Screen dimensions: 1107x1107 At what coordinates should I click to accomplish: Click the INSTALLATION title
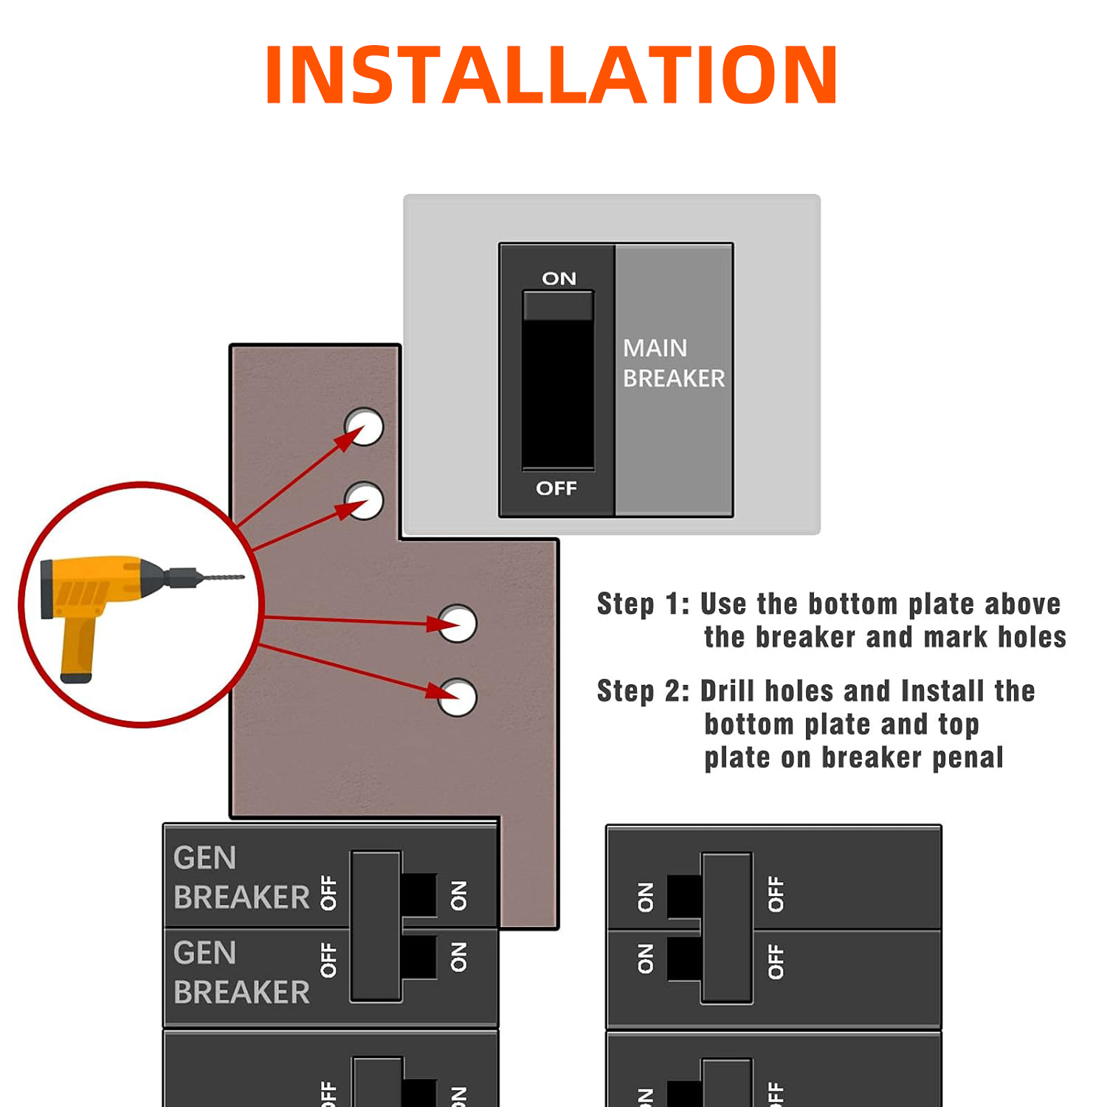click(x=551, y=75)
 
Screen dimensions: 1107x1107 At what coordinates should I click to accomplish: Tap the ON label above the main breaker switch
click(x=559, y=278)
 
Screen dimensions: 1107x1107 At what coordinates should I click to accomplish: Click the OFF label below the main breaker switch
click(x=556, y=488)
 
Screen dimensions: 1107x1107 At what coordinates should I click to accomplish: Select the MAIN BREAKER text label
click(x=674, y=363)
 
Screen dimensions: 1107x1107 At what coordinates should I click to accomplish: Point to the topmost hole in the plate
click(x=364, y=427)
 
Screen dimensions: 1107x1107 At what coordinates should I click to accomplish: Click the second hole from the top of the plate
click(x=364, y=500)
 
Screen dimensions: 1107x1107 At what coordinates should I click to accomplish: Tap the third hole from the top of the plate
click(x=458, y=624)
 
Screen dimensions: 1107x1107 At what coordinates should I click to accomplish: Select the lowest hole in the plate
click(x=458, y=697)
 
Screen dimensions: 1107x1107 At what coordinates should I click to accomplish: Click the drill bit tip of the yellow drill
click(x=244, y=577)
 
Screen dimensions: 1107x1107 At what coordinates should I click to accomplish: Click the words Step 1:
click(x=643, y=604)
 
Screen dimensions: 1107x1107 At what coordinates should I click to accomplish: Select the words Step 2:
click(x=643, y=692)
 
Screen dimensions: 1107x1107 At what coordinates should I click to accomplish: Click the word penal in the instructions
click(x=968, y=758)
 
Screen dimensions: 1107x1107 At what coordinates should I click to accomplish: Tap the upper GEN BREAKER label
click(x=241, y=877)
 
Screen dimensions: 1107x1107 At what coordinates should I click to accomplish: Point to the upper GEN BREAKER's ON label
click(x=458, y=895)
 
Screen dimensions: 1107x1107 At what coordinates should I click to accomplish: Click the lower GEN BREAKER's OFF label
click(x=328, y=959)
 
